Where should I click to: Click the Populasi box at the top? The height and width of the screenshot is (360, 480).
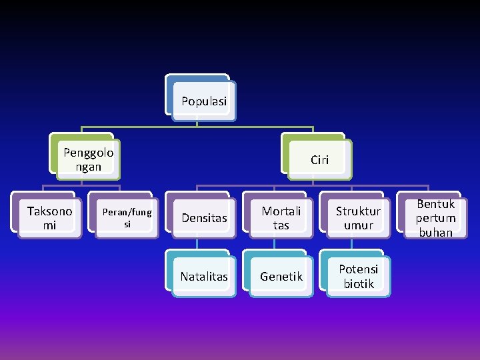tap(203, 101)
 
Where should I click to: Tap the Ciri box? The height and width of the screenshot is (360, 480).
tap(319, 160)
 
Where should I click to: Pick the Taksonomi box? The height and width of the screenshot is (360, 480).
tap(49, 218)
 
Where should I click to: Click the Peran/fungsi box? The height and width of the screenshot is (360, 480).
tap(127, 218)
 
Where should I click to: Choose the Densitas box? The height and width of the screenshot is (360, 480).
tap(204, 218)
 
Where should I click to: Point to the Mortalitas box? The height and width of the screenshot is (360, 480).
tap(281, 218)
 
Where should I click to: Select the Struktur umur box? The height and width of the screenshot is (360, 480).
tap(358, 218)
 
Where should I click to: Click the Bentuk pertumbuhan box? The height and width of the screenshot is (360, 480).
tap(435, 218)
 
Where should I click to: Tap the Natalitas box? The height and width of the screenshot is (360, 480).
tap(204, 276)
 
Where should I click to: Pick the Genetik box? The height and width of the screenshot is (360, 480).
tap(281, 276)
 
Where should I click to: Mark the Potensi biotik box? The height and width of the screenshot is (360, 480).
tap(358, 276)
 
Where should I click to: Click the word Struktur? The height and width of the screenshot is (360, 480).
tap(358, 211)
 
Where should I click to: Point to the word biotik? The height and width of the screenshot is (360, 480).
tap(359, 284)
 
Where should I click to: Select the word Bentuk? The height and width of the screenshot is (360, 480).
tap(435, 204)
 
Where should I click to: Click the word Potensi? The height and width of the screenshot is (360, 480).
tap(358, 269)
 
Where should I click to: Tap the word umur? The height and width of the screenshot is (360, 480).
tap(359, 225)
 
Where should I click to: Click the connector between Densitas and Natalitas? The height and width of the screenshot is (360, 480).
tap(197, 244)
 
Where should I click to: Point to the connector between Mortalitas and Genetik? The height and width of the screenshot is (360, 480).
tap(274, 244)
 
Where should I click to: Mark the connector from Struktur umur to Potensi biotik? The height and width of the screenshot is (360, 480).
tap(351, 244)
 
